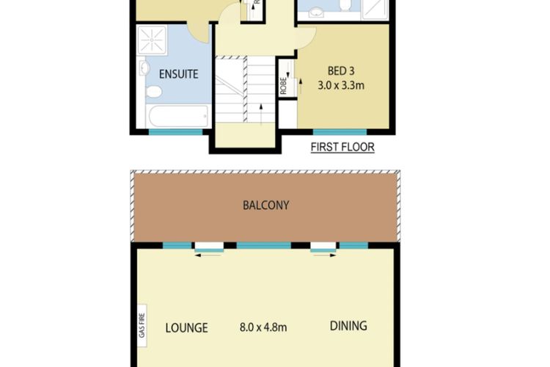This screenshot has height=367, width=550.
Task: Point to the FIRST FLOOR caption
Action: pos(342,147)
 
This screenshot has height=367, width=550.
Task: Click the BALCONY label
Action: pos(265,206)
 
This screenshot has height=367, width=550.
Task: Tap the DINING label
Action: pos(348,326)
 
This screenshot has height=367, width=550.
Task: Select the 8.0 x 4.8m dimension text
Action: pos(264,327)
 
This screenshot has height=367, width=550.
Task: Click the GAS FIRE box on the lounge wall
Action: pos(141,321)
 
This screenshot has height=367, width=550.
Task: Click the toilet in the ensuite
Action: pos(153,92)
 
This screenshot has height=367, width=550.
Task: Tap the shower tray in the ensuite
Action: pos(153,40)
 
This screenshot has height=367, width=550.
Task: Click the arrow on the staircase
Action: pos(261,112)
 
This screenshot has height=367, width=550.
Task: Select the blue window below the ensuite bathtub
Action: pos(175,132)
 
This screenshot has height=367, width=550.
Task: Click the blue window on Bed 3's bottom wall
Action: pos(340,132)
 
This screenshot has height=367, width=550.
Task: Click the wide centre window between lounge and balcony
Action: pos(263,245)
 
